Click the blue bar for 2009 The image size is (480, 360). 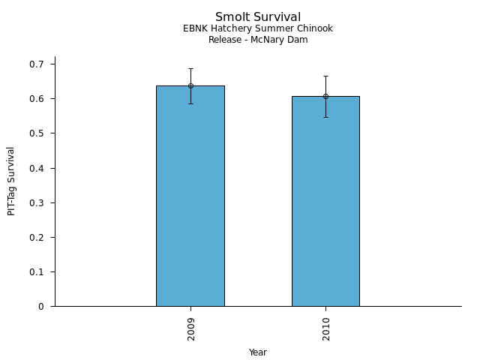click(190, 196)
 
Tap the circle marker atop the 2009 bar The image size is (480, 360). click(190, 85)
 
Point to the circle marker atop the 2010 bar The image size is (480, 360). click(325, 96)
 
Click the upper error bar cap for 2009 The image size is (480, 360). click(190, 69)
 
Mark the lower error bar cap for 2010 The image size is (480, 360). click(325, 117)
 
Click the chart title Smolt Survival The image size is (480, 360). click(258, 17)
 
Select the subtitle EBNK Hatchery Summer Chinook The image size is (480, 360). click(258, 28)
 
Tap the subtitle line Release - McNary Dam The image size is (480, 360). click(258, 40)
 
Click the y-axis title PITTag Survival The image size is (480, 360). click(11, 181)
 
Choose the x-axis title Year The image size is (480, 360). click(258, 352)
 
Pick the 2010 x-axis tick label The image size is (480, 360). click(325, 328)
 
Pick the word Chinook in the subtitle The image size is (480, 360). click(315, 28)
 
